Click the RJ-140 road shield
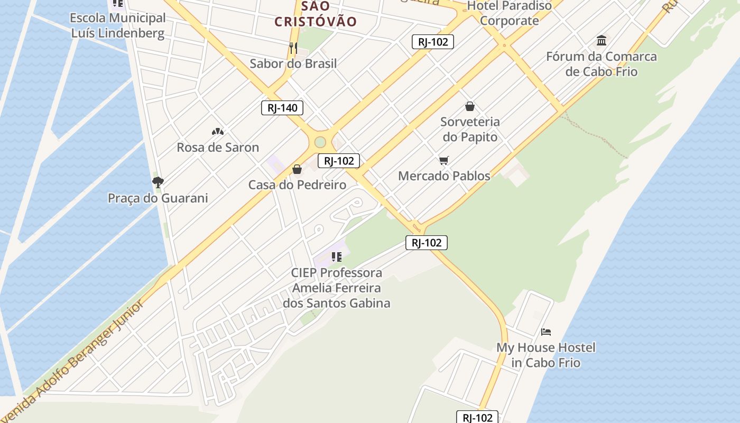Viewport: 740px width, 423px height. (282, 108)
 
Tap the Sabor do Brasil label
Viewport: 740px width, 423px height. (293, 64)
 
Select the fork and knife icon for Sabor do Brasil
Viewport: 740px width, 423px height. (293, 49)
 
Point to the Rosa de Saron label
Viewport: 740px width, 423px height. (218, 148)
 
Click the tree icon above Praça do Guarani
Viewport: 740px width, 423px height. (158, 182)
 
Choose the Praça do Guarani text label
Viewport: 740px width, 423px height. (158, 198)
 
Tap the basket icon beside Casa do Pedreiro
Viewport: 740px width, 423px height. (297, 169)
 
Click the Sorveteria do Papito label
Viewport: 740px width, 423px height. (470, 130)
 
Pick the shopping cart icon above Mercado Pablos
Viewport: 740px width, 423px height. (444, 160)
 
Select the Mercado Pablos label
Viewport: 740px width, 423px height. (444, 176)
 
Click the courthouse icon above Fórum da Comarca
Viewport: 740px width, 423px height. (602, 41)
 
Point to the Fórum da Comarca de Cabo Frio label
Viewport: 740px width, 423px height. (602, 64)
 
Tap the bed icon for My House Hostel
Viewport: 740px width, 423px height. (546, 332)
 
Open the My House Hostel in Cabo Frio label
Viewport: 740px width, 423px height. (545, 355)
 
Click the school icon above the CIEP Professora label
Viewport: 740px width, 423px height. (336, 258)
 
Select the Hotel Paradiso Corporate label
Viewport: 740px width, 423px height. (510, 13)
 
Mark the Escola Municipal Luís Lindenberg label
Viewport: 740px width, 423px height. (118, 26)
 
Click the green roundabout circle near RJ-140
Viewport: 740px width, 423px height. (320, 142)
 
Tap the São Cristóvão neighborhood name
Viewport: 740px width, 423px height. (316, 14)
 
